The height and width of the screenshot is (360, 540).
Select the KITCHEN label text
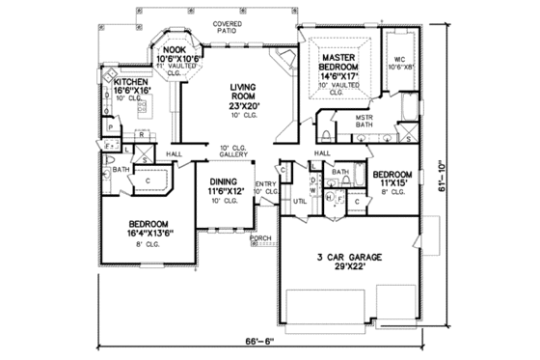(x=131, y=83)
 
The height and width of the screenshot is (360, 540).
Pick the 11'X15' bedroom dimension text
(x=393, y=180)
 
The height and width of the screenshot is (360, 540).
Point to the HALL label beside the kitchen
(x=175, y=152)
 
